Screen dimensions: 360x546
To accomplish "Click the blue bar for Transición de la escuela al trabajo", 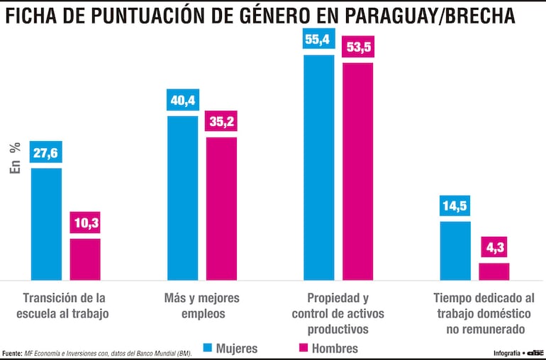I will (46, 224).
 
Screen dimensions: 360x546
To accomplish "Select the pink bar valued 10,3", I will (85, 259).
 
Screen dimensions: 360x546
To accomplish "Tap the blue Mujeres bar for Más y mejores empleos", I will (182, 198).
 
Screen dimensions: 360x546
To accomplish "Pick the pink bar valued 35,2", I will (221, 208).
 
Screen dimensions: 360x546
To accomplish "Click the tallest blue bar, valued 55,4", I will (318, 167).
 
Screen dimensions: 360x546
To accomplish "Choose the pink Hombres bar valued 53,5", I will (358, 171).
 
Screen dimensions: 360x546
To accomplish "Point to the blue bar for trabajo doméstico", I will (455, 251).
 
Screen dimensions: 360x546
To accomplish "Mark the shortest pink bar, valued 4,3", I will (494, 271).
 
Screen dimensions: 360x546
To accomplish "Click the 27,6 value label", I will (46, 154).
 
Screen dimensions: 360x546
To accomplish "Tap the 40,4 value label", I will (182, 101).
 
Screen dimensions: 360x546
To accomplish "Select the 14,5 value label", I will (455, 207).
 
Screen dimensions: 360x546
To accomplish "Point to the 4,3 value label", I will (494, 248).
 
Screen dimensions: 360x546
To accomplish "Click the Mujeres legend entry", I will (230, 348).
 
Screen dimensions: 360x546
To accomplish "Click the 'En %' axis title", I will (15, 157).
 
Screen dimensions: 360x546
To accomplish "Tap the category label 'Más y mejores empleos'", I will (202, 305).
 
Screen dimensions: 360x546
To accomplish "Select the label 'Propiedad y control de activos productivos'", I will (338, 313).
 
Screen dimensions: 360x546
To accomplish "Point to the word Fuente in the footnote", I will (12, 353).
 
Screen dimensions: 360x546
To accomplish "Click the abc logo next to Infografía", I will (535, 352).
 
